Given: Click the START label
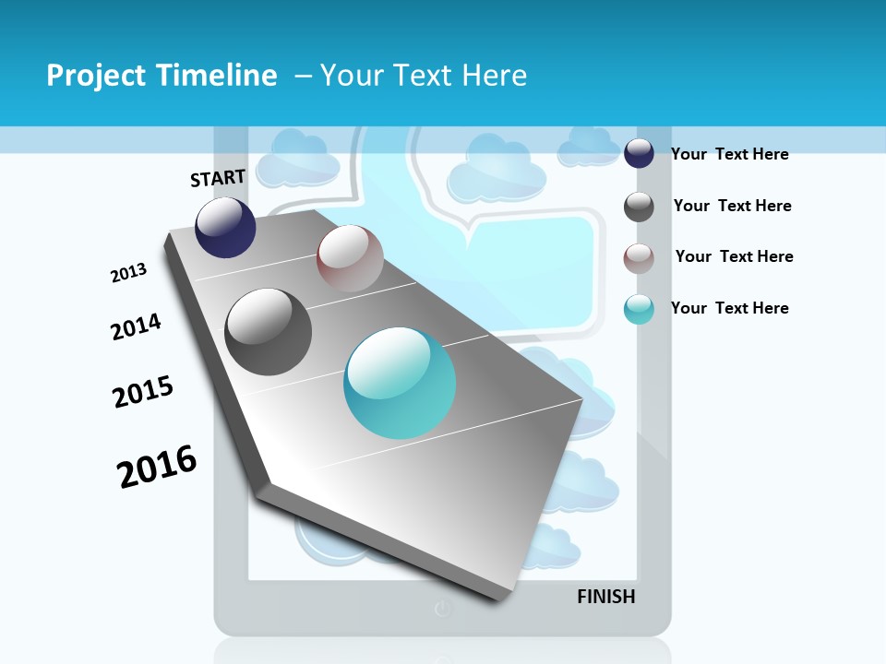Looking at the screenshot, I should point(218,178).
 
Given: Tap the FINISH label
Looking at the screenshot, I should point(606,597).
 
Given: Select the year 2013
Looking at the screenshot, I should point(128,273).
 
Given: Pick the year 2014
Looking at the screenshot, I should point(136,326).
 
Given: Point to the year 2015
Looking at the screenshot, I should point(143,392).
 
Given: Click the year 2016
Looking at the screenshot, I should point(157,466).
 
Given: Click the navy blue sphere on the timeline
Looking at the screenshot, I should point(225,228).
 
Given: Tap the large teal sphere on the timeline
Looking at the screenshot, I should point(400,383).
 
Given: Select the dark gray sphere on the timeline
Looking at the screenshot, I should point(268,332).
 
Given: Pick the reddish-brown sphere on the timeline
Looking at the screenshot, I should point(350,258).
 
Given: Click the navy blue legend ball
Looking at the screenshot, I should point(639,153).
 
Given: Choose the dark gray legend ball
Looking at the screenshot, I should point(639,207).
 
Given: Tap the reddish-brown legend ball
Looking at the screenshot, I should point(639,258).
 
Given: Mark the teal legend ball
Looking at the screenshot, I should point(639,309).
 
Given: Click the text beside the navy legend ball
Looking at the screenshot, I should point(729,154).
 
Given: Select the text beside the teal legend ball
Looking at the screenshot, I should point(729,308).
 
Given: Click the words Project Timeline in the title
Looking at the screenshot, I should point(162,76).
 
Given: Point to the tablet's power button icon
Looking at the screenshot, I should point(443,609).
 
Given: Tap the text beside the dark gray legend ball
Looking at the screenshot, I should point(732,206).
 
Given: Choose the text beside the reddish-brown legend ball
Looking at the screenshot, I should point(734,256).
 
